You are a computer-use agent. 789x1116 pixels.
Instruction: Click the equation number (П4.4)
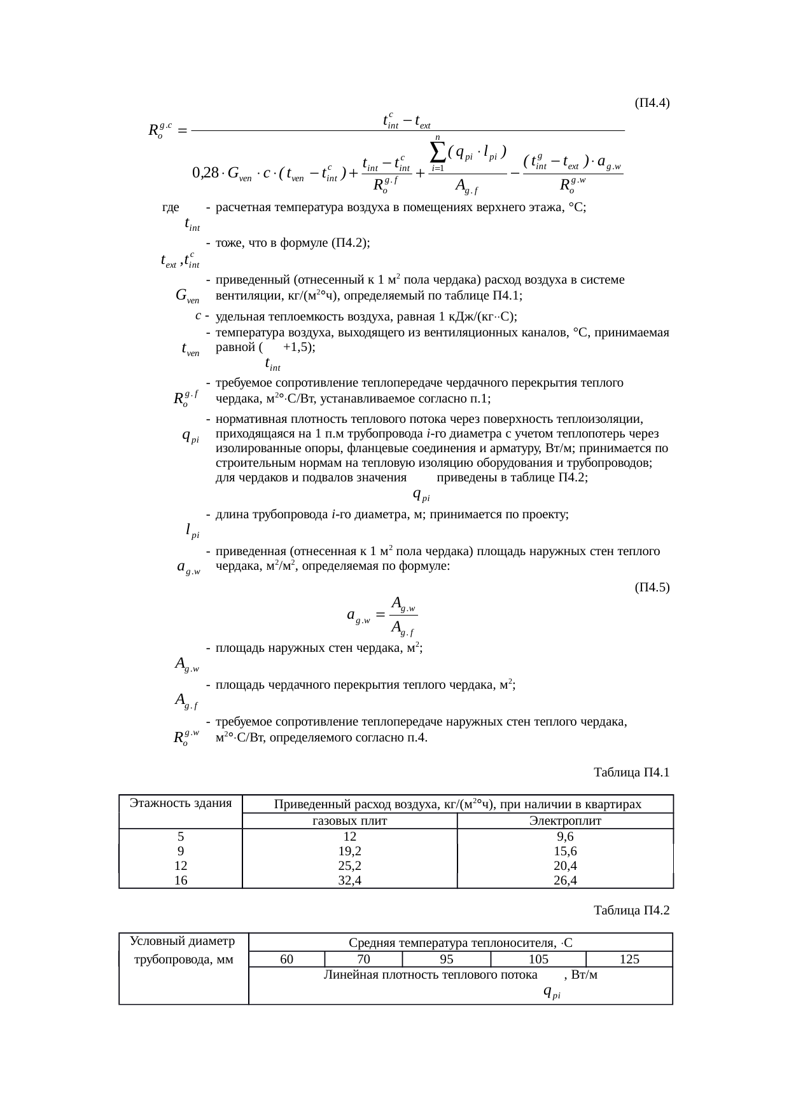652,102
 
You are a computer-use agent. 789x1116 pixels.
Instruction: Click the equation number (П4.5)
652,587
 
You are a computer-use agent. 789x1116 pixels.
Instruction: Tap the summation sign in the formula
438,151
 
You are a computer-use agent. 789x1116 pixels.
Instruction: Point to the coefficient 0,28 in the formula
205,172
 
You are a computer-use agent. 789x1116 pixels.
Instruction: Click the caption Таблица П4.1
631,773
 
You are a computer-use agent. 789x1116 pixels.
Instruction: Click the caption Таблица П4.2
631,910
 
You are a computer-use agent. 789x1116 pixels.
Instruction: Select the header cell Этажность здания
181,803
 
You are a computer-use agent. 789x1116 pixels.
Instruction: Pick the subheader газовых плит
350,821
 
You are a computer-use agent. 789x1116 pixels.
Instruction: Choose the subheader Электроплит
565,821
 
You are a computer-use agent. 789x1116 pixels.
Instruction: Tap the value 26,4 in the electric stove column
565,880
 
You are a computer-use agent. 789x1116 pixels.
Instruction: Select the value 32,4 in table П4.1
350,880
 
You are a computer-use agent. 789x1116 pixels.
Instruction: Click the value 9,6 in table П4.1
565,836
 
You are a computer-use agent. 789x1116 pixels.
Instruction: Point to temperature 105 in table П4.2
538,959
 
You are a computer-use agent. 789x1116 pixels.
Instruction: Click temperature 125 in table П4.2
629,959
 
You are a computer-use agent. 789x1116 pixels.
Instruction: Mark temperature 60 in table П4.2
287,959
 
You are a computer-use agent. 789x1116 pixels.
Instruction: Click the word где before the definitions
171,207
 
